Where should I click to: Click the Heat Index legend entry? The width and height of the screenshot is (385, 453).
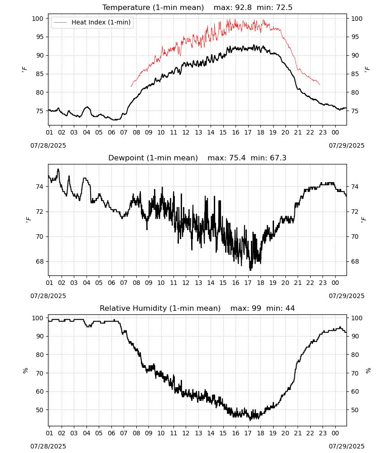click(x=92, y=22)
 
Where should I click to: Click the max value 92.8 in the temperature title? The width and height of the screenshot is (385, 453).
click(x=244, y=7)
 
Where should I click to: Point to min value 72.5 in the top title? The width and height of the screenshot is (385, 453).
click(x=284, y=7)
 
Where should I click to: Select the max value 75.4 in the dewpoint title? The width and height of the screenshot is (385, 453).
click(x=237, y=158)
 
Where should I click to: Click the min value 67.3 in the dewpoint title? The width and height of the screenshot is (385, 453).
click(x=278, y=158)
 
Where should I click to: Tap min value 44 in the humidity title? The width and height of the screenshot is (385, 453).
click(x=290, y=308)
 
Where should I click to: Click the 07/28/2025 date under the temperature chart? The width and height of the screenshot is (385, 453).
click(x=48, y=145)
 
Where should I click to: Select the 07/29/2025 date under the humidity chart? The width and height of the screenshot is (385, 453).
click(x=346, y=446)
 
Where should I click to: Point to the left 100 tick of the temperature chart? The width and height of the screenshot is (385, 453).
click(x=38, y=19)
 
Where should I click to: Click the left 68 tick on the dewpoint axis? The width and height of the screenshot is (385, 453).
click(x=39, y=261)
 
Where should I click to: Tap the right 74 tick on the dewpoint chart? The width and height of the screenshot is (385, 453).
click(x=355, y=187)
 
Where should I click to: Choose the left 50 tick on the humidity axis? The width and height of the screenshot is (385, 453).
click(x=39, y=410)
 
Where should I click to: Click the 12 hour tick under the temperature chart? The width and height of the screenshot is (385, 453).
click(x=186, y=132)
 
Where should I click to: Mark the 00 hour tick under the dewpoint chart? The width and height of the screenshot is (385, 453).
click(x=335, y=283)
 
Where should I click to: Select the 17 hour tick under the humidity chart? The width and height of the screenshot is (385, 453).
click(x=248, y=433)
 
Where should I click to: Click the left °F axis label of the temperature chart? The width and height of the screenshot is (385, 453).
click(x=24, y=69)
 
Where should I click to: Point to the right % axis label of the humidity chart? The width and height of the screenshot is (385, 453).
click(x=368, y=371)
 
